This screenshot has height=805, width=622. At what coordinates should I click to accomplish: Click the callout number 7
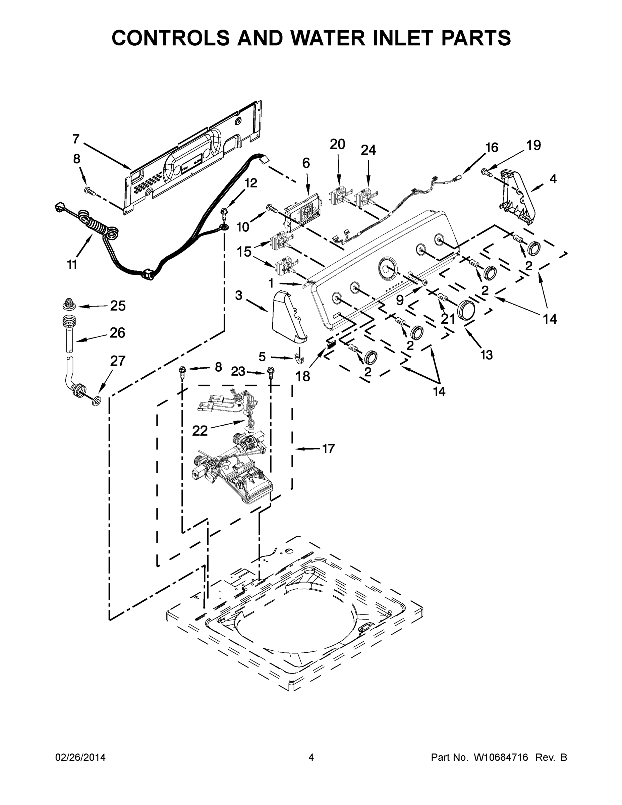(76, 139)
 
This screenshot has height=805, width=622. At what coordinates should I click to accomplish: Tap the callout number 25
(118, 306)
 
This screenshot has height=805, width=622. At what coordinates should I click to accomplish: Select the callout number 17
(328, 448)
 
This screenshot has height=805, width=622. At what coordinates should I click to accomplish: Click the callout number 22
(200, 431)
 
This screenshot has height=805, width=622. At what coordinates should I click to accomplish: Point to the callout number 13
(487, 355)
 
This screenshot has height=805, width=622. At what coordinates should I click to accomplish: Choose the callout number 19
(533, 145)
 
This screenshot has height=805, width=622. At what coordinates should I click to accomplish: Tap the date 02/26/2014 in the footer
(80, 757)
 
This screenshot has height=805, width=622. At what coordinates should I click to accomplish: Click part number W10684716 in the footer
(501, 757)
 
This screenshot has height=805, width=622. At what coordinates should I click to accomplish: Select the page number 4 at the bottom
(311, 757)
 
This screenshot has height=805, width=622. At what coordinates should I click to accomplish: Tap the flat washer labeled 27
(97, 401)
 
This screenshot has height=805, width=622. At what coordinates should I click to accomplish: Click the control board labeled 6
(302, 216)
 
